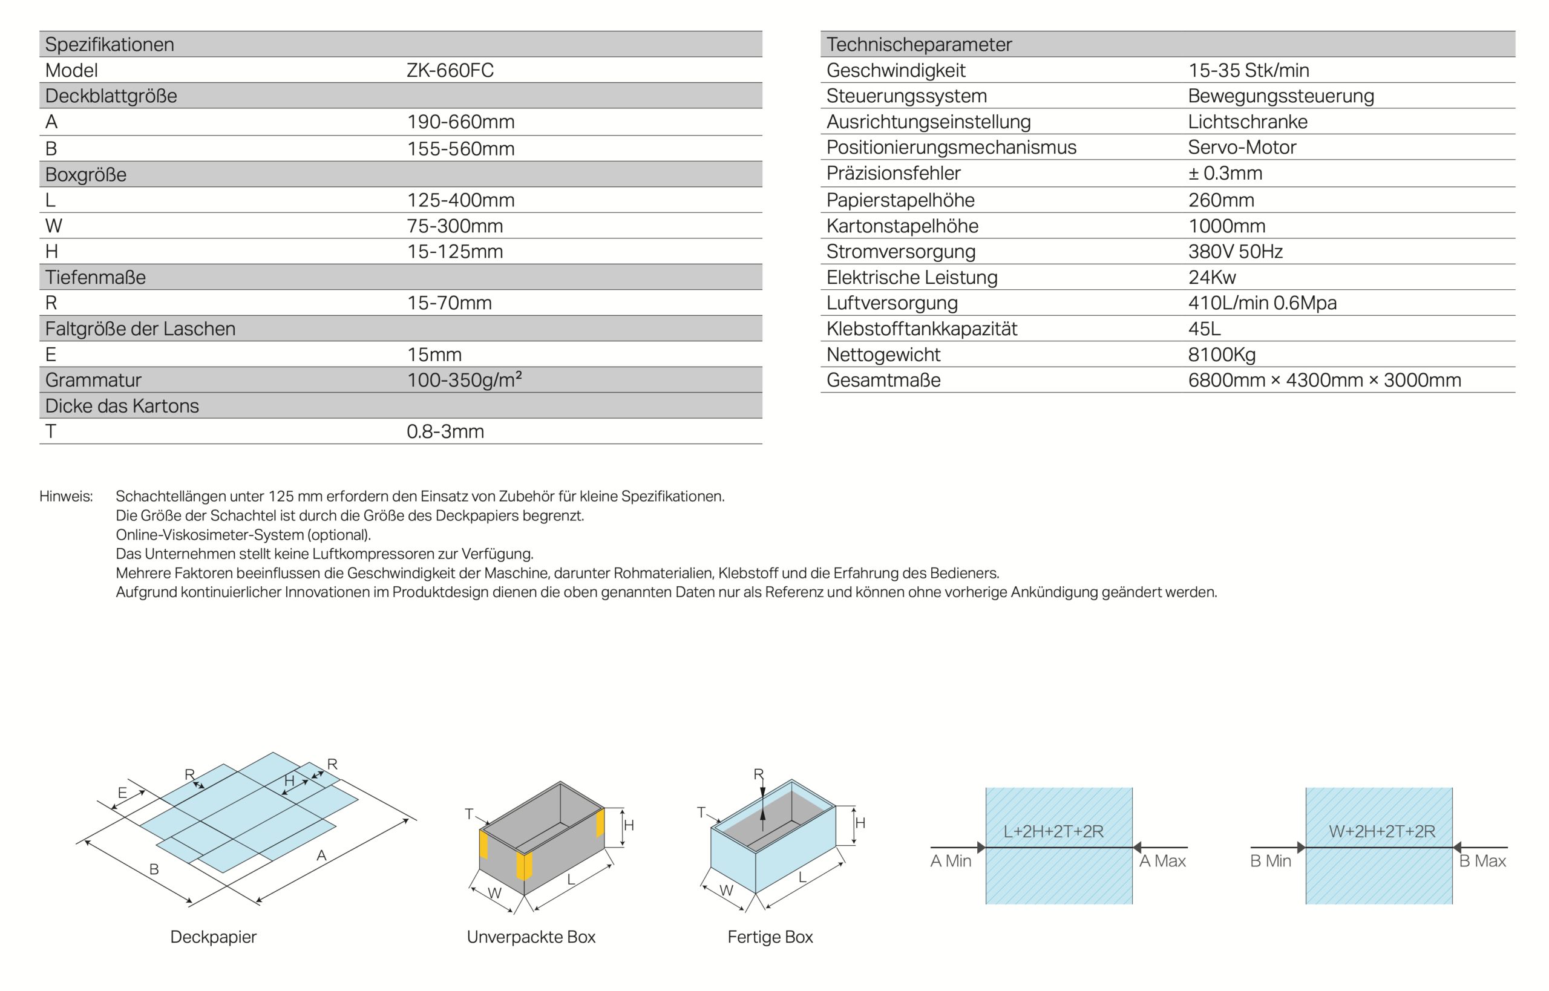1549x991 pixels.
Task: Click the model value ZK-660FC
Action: click(x=450, y=70)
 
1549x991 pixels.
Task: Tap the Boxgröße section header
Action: click(x=85, y=174)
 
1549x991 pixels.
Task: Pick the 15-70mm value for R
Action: click(x=449, y=303)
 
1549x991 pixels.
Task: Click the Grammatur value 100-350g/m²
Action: click(x=463, y=380)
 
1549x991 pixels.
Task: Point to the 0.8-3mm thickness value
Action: click(x=445, y=431)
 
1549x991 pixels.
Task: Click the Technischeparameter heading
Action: click(x=919, y=44)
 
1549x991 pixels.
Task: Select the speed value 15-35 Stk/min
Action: click(x=1248, y=70)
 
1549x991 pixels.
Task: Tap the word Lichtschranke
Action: click(x=1247, y=122)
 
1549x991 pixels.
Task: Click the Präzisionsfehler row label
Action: click(x=892, y=173)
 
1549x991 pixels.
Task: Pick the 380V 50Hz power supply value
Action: click(x=1235, y=251)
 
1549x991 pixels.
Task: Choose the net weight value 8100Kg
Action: click(x=1222, y=354)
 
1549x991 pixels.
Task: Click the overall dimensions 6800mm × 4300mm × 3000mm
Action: click(x=1324, y=380)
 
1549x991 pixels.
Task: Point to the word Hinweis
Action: click(x=65, y=496)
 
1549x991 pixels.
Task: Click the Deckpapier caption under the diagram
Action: click(x=213, y=937)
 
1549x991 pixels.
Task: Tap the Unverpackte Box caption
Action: click(x=531, y=937)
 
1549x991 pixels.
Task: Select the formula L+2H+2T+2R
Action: click(x=1053, y=831)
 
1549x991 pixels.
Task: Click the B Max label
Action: click(x=1482, y=860)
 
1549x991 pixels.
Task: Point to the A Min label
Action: click(x=950, y=860)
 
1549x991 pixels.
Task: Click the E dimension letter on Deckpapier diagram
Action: click(x=122, y=793)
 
